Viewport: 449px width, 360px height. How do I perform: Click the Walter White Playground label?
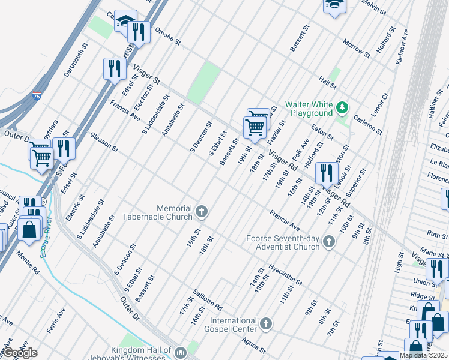tap(309, 108)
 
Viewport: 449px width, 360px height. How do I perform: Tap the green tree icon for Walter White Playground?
tap(342, 108)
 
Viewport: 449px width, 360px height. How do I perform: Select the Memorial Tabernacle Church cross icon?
tap(202, 212)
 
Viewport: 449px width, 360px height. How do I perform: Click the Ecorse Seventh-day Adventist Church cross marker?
tap(328, 242)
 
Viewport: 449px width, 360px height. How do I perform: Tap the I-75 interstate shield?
tap(37, 95)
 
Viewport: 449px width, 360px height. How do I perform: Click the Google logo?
tap(19, 353)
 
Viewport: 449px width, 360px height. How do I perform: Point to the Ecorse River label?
tap(44, 242)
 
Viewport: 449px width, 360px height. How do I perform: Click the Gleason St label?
tap(104, 143)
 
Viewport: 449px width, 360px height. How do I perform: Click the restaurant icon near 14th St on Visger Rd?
tap(326, 173)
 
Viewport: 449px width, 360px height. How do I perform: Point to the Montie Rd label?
tap(28, 263)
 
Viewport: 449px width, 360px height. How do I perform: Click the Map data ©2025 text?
tap(423, 355)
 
